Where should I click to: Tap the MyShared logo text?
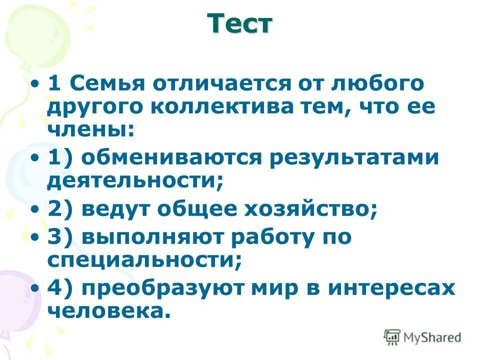tap(432, 337)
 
